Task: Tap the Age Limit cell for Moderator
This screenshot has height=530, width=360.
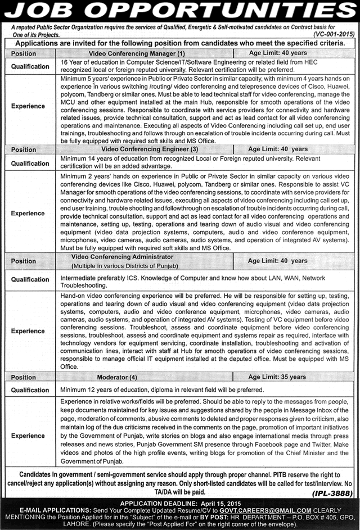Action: (x=278, y=377)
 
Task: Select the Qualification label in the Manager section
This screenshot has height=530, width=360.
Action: (x=30, y=66)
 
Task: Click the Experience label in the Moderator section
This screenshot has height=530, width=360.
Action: (x=28, y=436)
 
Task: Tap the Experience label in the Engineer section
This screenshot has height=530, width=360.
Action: (x=28, y=214)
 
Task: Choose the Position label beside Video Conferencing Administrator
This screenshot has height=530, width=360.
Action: (x=24, y=261)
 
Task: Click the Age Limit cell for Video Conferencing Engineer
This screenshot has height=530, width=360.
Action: (x=278, y=150)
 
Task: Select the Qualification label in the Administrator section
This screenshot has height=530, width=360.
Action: (x=30, y=279)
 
